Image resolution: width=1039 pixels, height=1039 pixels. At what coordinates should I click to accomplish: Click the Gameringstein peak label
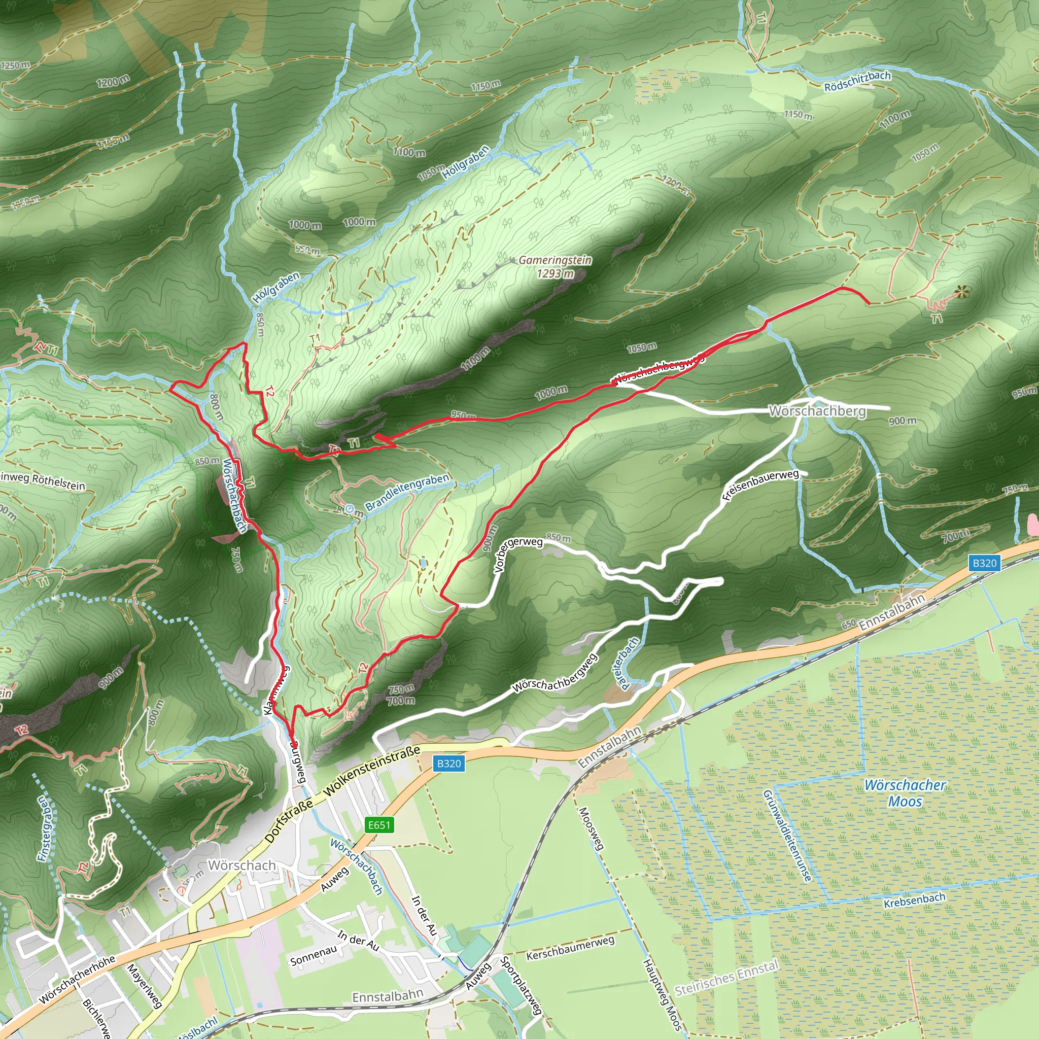[555, 260]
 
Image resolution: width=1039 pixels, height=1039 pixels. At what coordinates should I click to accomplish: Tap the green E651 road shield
[379, 825]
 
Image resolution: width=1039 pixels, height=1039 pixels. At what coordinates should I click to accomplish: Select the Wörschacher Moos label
[905, 793]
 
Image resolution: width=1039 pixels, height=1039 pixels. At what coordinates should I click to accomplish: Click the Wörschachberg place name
[817, 411]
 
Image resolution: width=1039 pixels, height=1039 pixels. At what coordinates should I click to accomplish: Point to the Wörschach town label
[242, 865]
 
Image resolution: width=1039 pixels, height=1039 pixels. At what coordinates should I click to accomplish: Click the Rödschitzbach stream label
[857, 81]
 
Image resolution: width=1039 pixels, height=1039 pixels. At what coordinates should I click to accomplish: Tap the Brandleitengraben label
[407, 492]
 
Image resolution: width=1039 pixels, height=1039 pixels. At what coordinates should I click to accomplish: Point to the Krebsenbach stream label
[914, 899]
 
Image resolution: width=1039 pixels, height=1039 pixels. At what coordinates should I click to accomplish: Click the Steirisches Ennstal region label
[726, 978]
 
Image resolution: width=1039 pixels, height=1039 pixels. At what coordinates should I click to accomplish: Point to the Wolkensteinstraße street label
[372, 770]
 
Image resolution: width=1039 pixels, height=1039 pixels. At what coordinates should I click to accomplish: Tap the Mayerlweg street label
[144, 985]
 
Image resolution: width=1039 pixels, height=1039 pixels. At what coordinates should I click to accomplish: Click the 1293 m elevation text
[555, 274]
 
